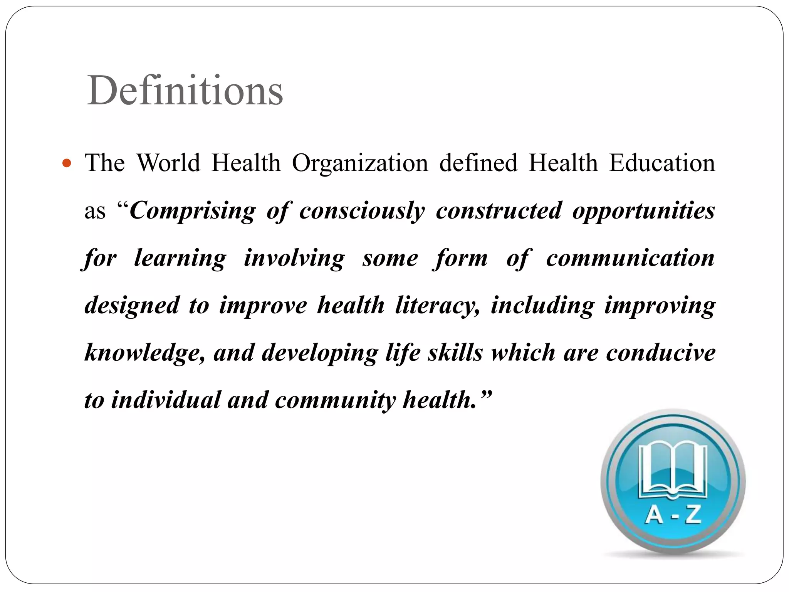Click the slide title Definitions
[x=185, y=91]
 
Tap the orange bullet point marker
[x=67, y=163]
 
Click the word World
[x=169, y=163]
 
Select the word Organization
[x=360, y=163]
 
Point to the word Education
[x=662, y=163]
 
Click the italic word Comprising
[x=192, y=211]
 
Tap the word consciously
[x=362, y=211]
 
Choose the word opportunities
[x=643, y=211]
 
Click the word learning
[x=180, y=259]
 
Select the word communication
[x=630, y=258]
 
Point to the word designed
[x=132, y=306]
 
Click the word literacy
[x=437, y=306]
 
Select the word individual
[x=166, y=400]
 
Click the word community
[x=335, y=400]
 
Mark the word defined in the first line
[x=478, y=163]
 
